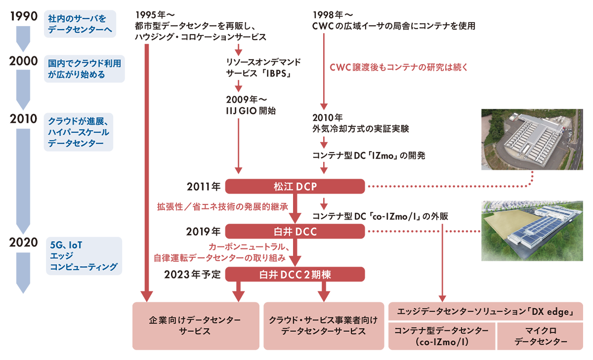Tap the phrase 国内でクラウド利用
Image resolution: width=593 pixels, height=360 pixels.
click(85, 64)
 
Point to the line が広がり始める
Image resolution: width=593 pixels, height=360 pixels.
click(77, 75)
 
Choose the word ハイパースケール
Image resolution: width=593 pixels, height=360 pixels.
click(79, 132)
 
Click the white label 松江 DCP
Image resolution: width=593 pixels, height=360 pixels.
click(295, 187)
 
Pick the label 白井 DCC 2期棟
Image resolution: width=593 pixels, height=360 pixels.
click(295, 275)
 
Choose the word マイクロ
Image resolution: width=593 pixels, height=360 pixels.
click(540, 330)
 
